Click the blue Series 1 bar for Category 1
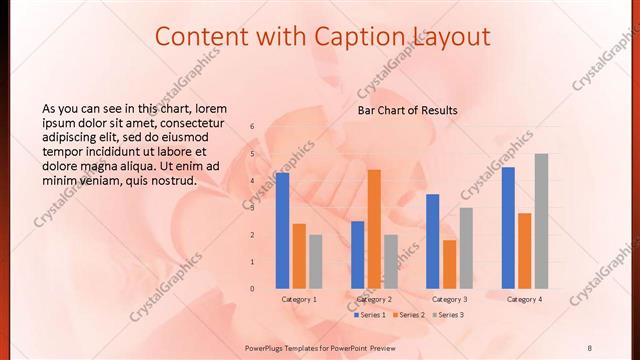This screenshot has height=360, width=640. click(x=282, y=230)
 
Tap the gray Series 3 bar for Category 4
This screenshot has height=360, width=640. click(x=541, y=221)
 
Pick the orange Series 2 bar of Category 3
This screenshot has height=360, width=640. click(x=449, y=264)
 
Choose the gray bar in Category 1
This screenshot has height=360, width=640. click(x=315, y=261)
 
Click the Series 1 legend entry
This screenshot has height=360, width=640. click(x=371, y=314)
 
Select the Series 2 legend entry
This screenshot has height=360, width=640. click(x=411, y=314)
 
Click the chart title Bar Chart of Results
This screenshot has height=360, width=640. click(x=407, y=110)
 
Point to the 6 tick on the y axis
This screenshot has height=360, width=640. click(x=252, y=126)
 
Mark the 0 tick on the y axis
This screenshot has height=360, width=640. click(x=252, y=289)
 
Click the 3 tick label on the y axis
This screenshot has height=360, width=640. click(x=252, y=208)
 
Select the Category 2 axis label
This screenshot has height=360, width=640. click(x=374, y=299)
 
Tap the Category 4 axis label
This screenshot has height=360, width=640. click(x=524, y=299)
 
